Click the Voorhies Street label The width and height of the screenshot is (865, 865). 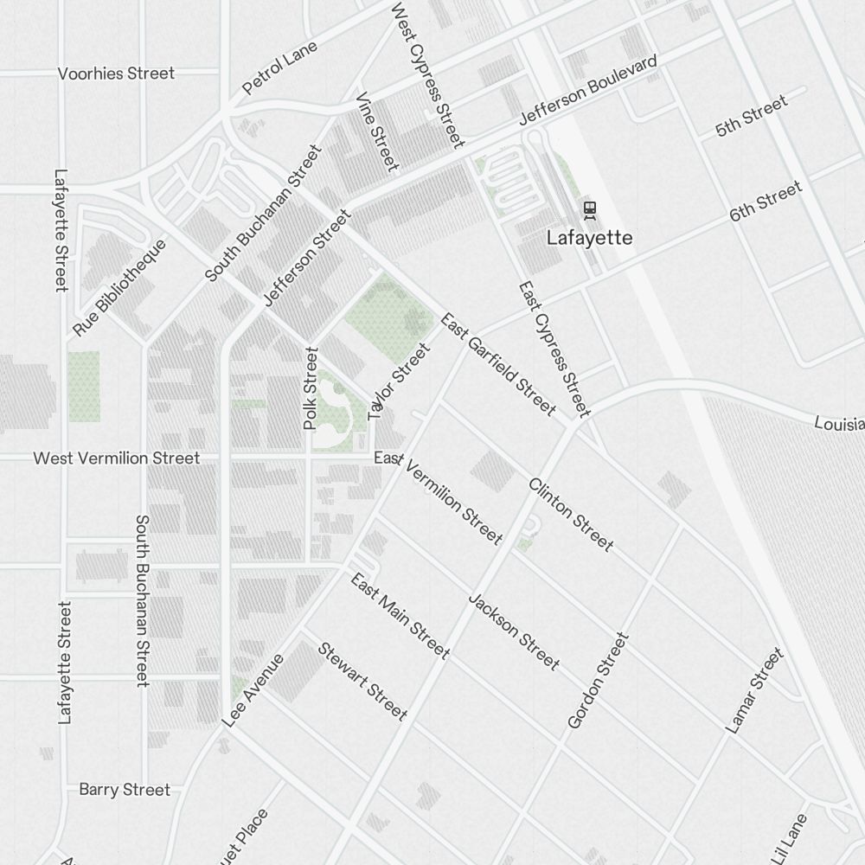point(116,74)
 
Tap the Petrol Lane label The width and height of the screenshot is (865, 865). point(280,67)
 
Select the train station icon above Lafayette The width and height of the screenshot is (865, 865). point(590,209)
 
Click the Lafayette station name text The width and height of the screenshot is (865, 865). point(590,238)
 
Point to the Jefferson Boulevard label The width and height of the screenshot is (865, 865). point(588,91)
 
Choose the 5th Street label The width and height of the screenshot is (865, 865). point(752,117)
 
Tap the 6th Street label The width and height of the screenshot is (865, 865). point(766,202)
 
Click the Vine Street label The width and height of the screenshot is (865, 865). point(377,131)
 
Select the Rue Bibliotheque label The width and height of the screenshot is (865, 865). point(119,288)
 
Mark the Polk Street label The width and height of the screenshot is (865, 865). point(311,388)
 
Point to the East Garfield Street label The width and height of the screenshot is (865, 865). point(497,364)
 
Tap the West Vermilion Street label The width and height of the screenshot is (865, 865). point(116,458)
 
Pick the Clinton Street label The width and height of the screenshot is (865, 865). point(571,514)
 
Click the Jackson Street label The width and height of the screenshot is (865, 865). point(513,631)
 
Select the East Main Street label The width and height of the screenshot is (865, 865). point(400,615)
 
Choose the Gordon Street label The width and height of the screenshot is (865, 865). point(598,680)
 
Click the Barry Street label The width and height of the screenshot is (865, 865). point(125,790)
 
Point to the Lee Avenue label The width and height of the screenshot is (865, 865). point(253,690)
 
